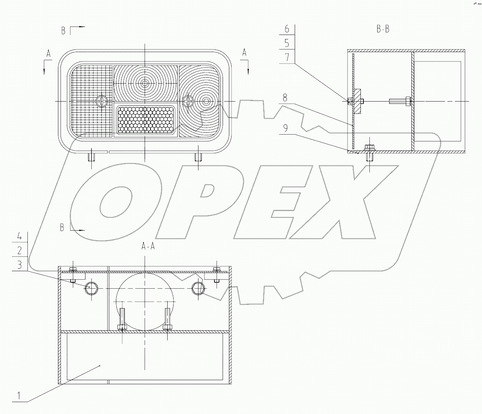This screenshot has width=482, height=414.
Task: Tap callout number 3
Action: click(20, 265)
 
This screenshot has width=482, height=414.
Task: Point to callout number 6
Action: click(287, 29)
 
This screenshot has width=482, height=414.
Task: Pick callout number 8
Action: click(285, 98)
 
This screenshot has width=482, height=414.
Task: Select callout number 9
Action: click(285, 128)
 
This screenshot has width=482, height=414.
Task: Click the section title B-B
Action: click(383, 29)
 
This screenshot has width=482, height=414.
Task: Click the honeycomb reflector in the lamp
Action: click(145, 120)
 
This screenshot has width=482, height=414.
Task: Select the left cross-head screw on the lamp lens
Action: click(101, 101)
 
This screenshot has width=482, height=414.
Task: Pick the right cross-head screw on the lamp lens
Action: click(188, 100)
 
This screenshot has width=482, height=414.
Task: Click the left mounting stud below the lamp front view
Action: click(91, 157)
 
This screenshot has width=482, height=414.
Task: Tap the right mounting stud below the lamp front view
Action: click(198, 157)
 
